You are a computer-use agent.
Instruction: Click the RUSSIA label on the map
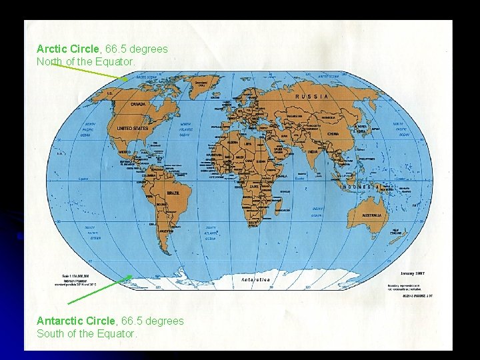pos(312,96)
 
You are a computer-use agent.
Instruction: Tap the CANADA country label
pos(137,105)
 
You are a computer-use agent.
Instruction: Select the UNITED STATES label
pos(132,128)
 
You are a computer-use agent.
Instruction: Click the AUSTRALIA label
pos(371,215)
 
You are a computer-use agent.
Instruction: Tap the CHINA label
pos(333,133)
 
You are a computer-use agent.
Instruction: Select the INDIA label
pos(313,152)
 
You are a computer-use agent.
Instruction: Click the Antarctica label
pos(255,280)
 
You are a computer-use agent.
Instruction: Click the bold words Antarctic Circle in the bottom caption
pos(75,321)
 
